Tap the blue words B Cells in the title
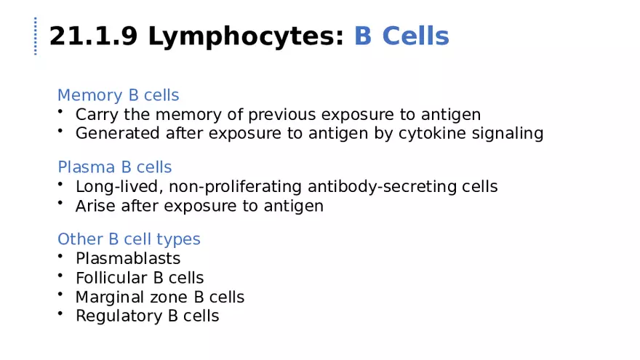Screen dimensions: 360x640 (401, 36)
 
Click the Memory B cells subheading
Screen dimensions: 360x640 (118, 95)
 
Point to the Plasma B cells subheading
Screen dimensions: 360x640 (114, 167)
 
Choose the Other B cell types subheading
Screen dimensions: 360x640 (129, 239)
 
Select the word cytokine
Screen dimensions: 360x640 (431, 134)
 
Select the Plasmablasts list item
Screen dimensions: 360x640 (128, 259)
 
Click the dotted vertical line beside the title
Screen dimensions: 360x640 (35, 36)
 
